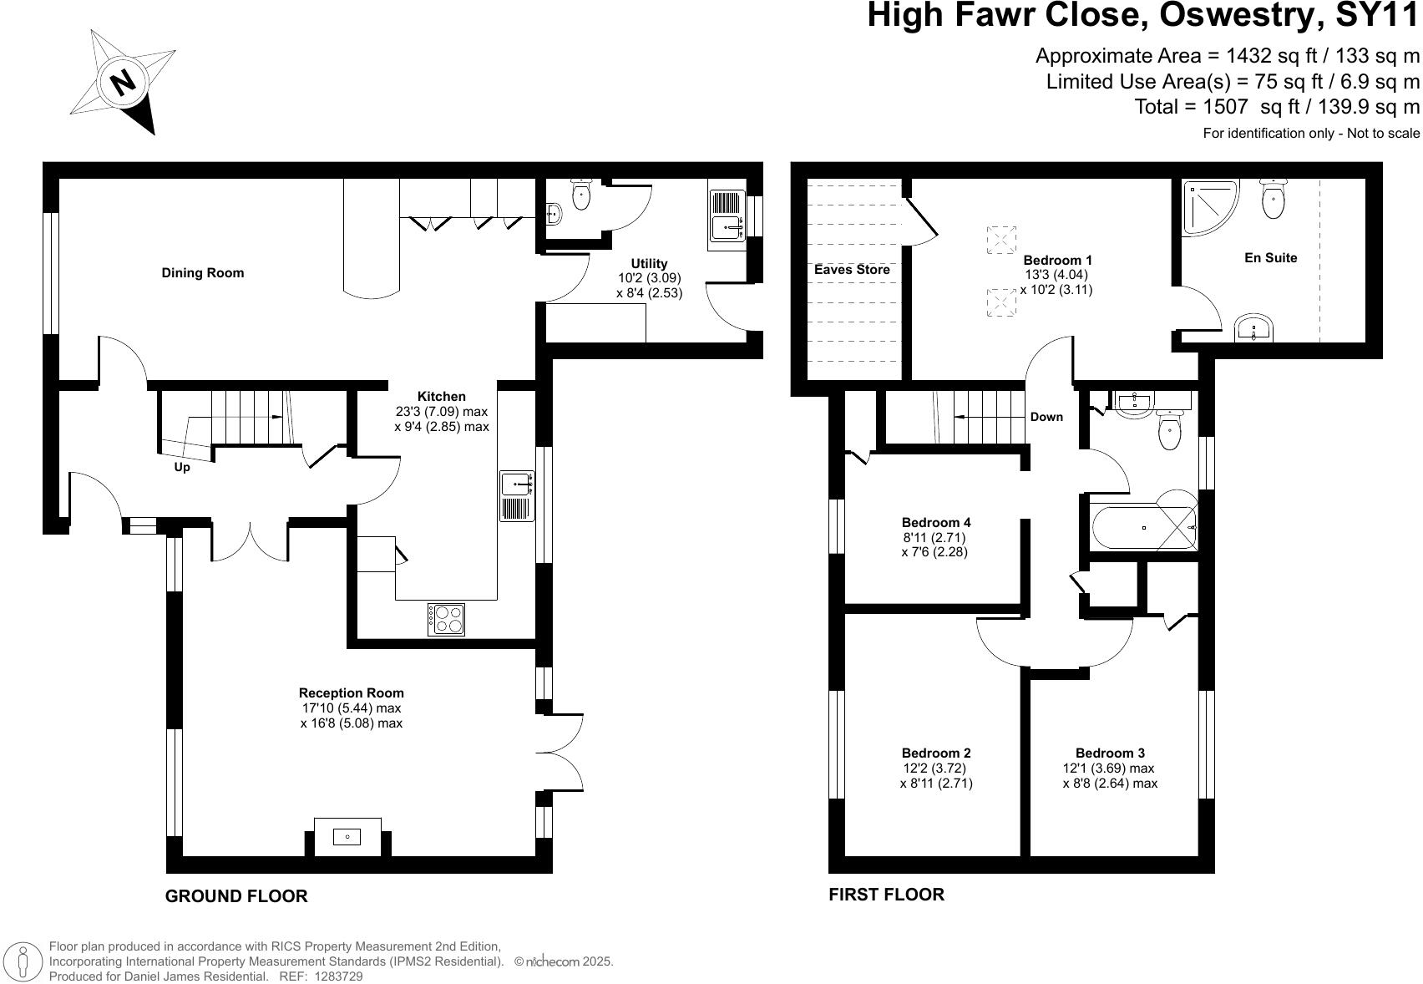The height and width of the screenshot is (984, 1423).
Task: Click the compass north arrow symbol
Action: (123, 82)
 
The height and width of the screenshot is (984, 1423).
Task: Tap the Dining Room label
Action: (203, 273)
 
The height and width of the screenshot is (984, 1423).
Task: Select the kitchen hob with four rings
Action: (446, 619)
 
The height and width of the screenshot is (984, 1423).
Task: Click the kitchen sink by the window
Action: (517, 496)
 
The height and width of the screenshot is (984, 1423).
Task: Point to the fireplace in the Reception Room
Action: (347, 837)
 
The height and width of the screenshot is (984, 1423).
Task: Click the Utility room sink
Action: (727, 215)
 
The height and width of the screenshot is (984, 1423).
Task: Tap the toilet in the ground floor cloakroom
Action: (581, 194)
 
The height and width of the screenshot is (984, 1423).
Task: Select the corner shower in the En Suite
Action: (1209, 207)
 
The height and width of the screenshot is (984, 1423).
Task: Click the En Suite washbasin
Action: (1253, 327)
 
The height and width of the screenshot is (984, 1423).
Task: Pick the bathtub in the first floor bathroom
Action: (1144, 528)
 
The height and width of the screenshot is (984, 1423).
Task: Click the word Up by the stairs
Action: (182, 468)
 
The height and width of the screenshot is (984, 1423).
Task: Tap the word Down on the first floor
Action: (1046, 417)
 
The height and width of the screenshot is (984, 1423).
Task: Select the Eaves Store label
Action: (852, 269)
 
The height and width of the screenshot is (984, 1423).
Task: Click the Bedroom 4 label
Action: (936, 523)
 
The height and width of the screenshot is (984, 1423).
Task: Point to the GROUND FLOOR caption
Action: (236, 896)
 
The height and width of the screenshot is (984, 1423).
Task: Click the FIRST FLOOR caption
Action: (886, 895)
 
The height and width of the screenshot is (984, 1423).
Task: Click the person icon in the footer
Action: (23, 961)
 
